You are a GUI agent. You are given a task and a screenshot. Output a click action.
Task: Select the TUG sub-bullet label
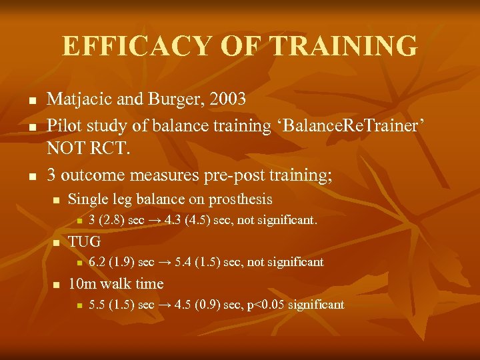click(x=85, y=241)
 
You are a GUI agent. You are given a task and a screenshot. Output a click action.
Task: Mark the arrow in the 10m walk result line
click(x=164, y=305)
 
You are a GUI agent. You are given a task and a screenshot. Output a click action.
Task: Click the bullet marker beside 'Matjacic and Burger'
click(x=31, y=101)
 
